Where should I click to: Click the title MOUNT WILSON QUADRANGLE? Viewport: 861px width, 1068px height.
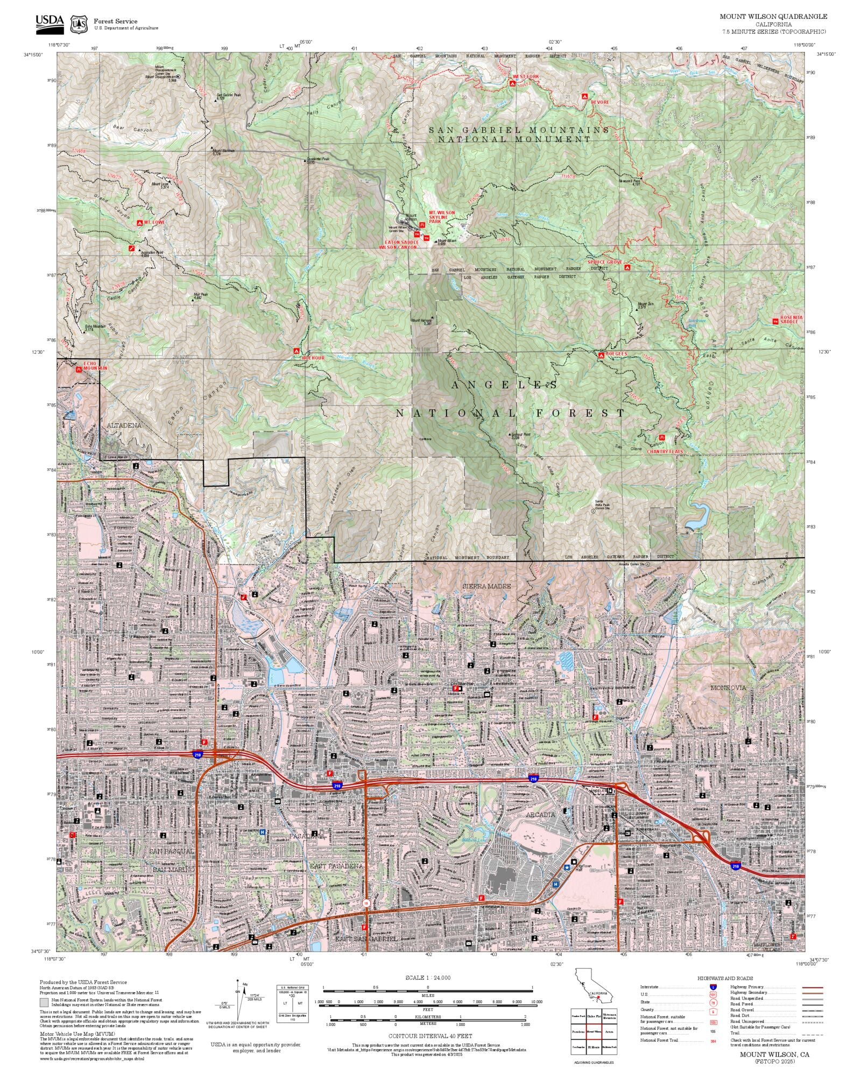tap(773, 17)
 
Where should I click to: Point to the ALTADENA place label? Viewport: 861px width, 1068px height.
tap(124, 425)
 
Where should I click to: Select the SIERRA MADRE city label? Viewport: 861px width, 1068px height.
tap(486, 586)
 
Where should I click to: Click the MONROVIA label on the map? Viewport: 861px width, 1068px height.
tap(728, 688)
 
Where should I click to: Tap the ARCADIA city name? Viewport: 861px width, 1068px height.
tap(540, 815)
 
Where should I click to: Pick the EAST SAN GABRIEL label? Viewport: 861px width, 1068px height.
tap(366, 939)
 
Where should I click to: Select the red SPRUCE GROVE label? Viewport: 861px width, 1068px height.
tap(604, 262)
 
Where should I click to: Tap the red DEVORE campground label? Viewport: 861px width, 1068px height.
tap(600, 102)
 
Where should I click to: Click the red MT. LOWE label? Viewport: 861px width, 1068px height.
tap(154, 222)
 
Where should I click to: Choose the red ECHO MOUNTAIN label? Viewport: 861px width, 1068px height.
tap(95, 366)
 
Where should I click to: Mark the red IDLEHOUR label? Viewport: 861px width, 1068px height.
tap(313, 358)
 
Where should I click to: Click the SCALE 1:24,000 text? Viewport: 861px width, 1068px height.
tap(428, 978)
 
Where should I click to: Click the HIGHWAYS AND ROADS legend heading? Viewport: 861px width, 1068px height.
tap(725, 978)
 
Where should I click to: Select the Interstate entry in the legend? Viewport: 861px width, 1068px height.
tap(650, 987)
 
